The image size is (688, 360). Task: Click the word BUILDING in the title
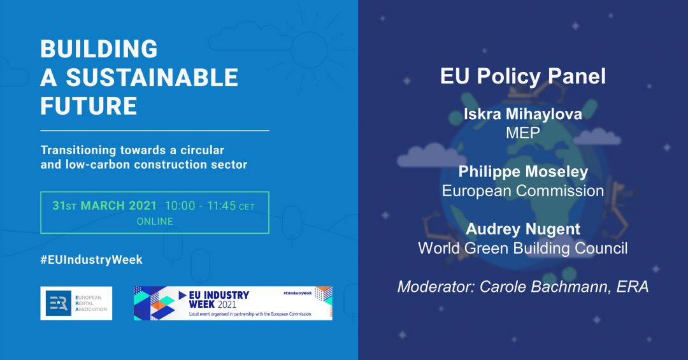(99, 48)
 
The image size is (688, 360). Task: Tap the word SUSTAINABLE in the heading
(152, 78)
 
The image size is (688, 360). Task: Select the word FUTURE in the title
(89, 106)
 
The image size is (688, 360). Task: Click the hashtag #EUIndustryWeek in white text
(92, 259)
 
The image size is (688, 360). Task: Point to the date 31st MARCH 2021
(104, 205)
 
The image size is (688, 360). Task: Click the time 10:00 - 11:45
(201, 205)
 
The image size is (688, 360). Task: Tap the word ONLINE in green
(155, 221)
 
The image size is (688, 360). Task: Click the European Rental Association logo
(76, 303)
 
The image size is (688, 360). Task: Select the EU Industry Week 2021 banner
(233, 303)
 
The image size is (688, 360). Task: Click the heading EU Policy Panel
(523, 76)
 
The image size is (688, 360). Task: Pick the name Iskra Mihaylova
(523, 114)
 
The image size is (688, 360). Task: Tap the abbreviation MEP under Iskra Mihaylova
(523, 133)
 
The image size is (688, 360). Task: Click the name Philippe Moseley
(523, 171)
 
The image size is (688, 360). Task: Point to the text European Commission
(523, 191)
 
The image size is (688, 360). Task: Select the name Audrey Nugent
(523, 229)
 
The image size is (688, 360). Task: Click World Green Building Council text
(523, 248)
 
